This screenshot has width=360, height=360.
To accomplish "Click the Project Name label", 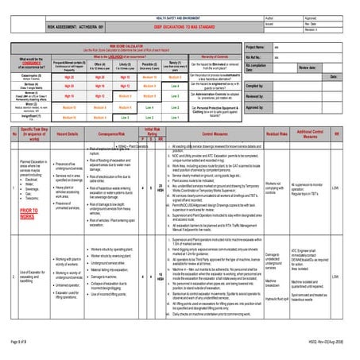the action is click(x=255, y=47).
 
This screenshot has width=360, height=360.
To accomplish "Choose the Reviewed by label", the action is click(x=254, y=95).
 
